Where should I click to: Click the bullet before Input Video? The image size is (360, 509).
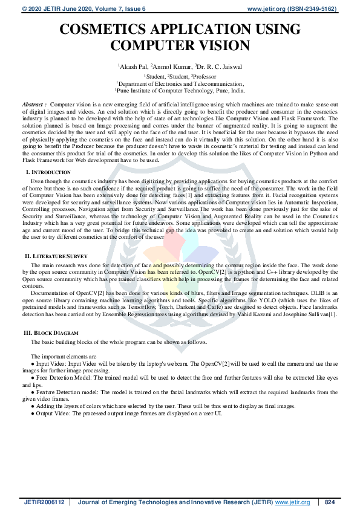tap(33, 365)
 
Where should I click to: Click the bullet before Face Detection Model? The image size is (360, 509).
tap(33, 378)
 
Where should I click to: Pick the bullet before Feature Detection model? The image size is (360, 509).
tap(33, 392)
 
